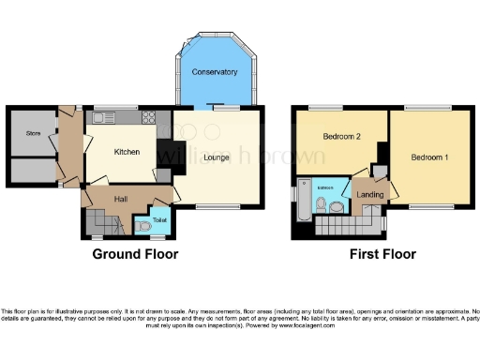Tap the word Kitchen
pos(127,151)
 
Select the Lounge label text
pos(216,157)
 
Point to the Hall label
pos(122,199)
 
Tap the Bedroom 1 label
pos(427,157)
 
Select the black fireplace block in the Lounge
pos(166,152)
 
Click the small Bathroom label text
pos(324,187)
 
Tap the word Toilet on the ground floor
pos(159,219)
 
